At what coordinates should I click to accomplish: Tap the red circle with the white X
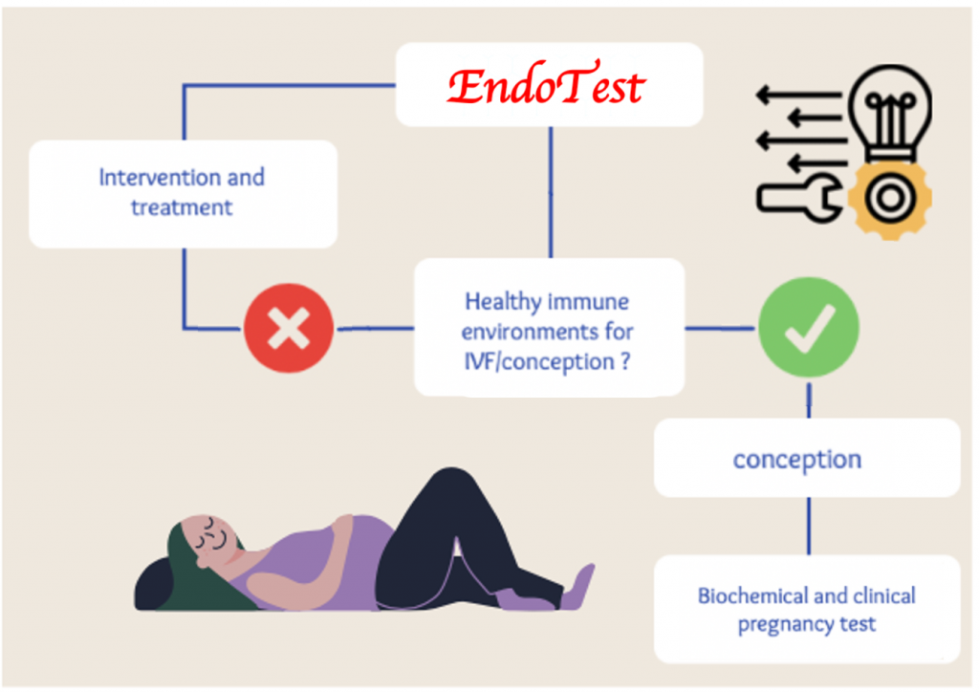pyautogui.click(x=289, y=328)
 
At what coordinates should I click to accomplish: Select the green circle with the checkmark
pyautogui.click(x=809, y=328)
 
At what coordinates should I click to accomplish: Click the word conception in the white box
pyautogui.click(x=797, y=460)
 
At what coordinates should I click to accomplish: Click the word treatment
pyautogui.click(x=182, y=207)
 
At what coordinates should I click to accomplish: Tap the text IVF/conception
pyautogui.click(x=539, y=361)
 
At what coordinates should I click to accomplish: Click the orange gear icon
pyautogui.click(x=890, y=199)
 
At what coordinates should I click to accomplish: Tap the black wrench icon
pyautogui.click(x=799, y=199)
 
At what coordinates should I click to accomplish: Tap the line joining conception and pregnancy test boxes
pyautogui.click(x=809, y=526)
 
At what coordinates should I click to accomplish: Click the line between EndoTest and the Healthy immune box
pyautogui.click(x=551, y=192)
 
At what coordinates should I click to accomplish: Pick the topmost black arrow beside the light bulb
pyautogui.click(x=798, y=96)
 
